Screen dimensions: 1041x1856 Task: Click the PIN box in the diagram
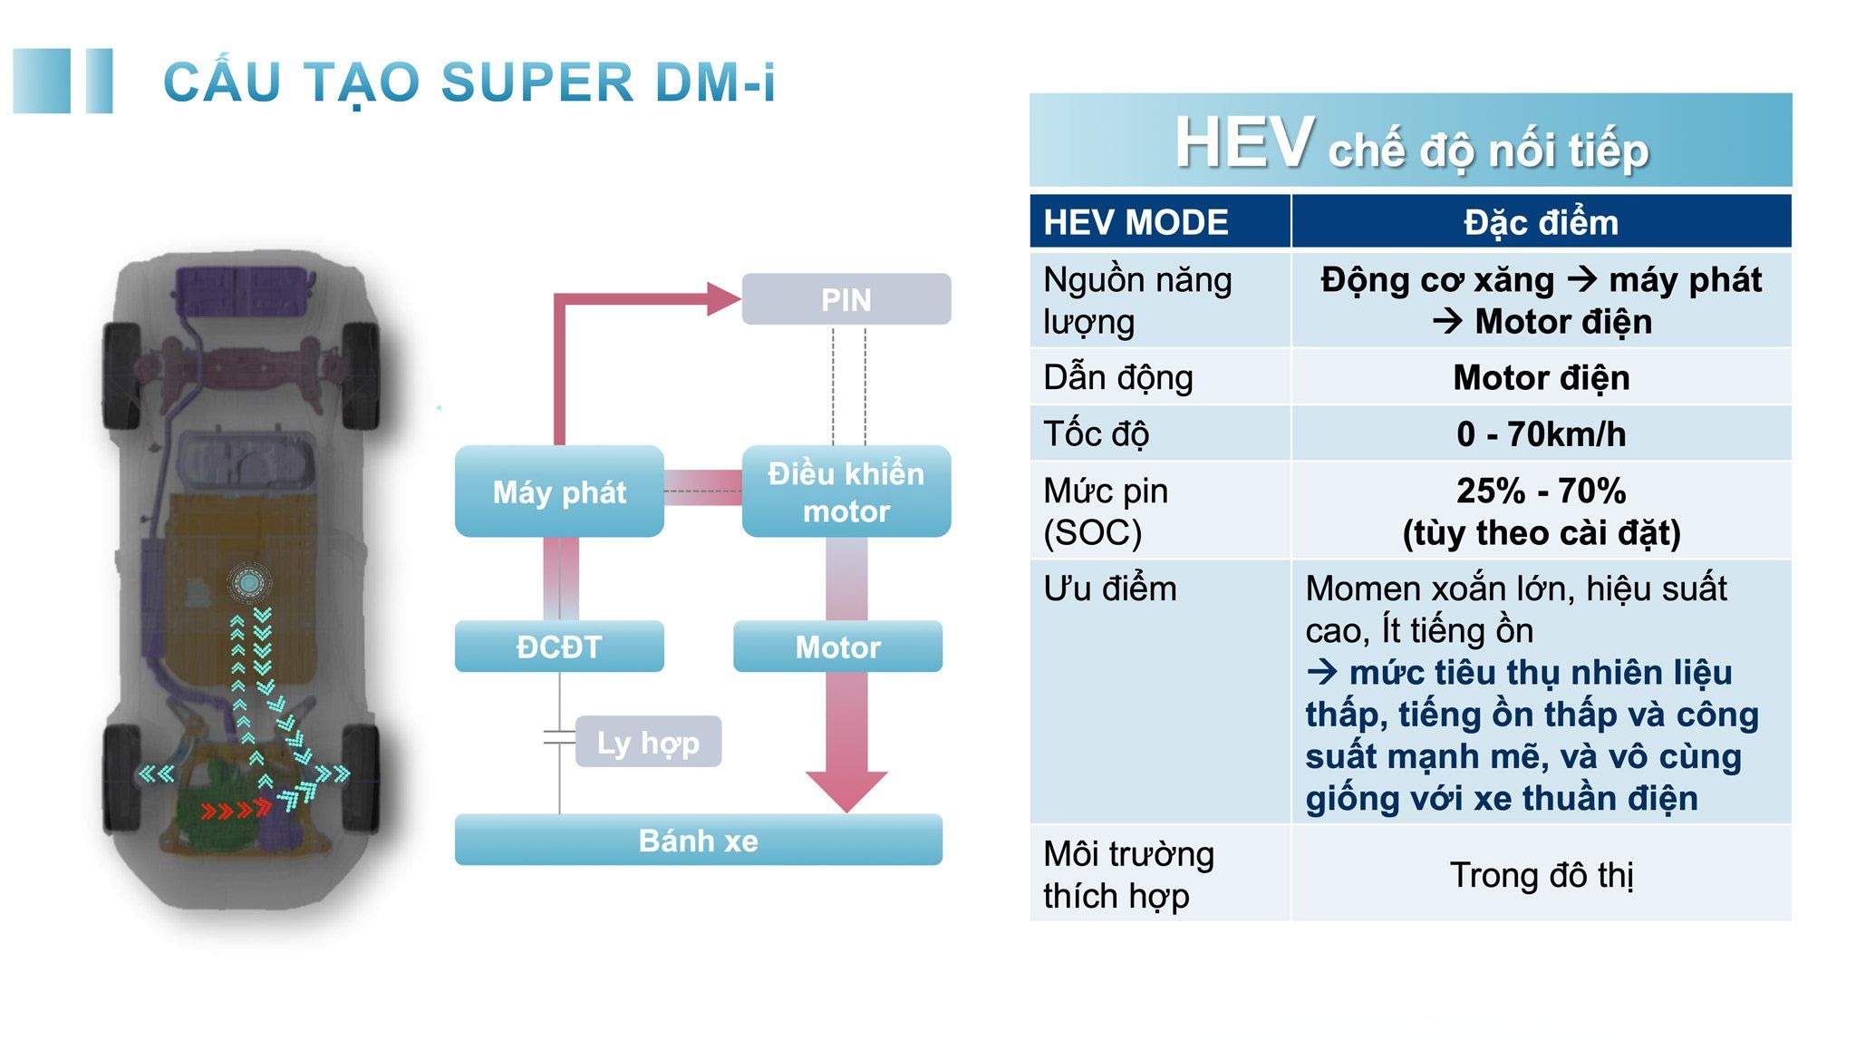(846, 299)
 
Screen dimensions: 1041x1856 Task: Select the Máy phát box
(559, 491)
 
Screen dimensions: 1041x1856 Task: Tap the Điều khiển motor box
(846, 491)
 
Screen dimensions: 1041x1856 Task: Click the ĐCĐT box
(559, 647)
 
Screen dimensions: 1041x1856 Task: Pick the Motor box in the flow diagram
(837, 647)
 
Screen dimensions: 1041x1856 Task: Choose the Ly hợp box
(648, 742)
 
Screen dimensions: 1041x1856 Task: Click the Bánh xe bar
(698, 840)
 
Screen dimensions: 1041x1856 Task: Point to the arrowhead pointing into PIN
(722, 298)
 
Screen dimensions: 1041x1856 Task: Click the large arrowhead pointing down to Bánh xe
(846, 790)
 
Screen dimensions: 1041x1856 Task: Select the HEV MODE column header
(1136, 222)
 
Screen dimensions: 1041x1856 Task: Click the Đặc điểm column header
(1541, 222)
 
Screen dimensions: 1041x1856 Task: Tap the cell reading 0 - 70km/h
(1541, 434)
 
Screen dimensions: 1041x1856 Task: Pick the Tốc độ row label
(1096, 434)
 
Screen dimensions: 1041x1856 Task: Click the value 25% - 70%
(1541, 491)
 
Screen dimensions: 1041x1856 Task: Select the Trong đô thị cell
(1541, 875)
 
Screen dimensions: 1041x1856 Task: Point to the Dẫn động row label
(1117, 377)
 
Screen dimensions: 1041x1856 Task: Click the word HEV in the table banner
(1243, 143)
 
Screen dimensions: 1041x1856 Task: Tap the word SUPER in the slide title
(537, 83)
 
